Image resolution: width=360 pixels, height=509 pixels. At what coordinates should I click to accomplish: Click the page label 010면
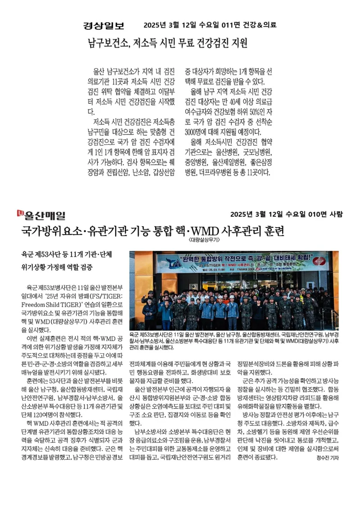click(x=309, y=214)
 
